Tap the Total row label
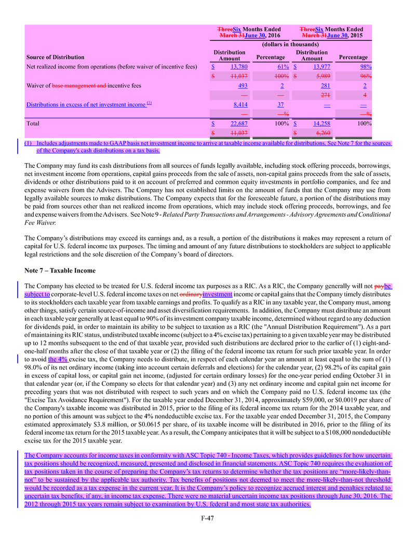33,124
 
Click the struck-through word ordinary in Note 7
191,293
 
